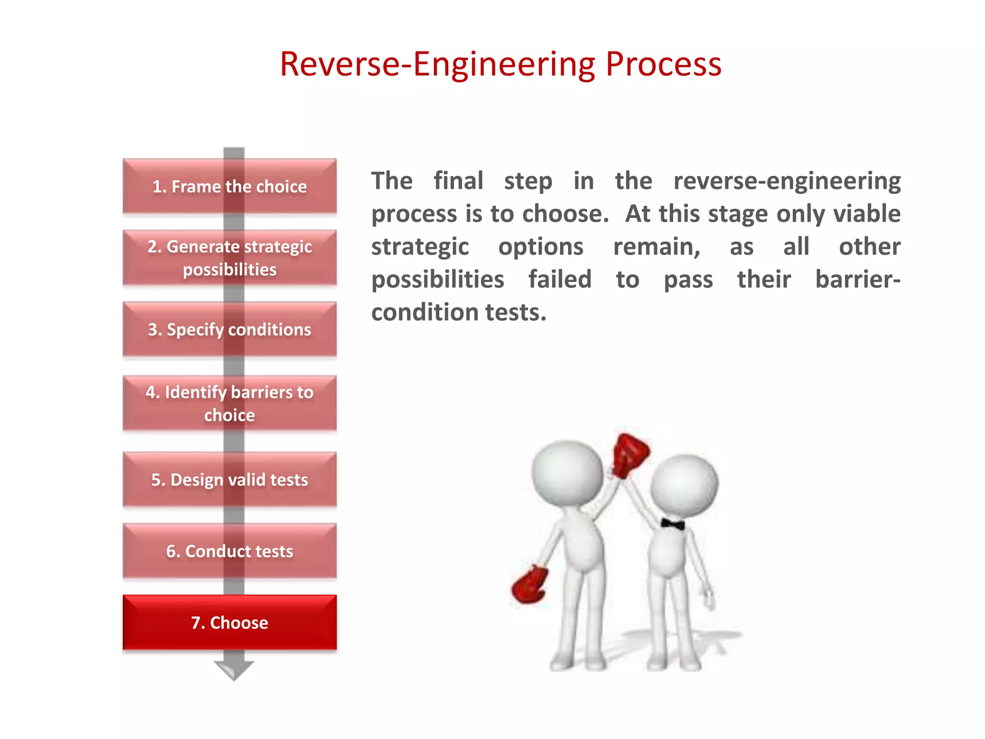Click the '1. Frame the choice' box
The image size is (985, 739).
229,186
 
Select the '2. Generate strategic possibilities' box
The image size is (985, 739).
229,257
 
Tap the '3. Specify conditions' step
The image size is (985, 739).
229,329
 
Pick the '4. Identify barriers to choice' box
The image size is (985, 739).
229,403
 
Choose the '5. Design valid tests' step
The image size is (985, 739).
229,479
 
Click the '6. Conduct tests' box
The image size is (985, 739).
229,551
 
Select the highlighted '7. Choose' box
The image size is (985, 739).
229,622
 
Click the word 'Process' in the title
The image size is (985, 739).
663,64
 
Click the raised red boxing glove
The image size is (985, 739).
630,454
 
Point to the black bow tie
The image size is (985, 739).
672,524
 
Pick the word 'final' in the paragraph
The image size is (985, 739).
458,181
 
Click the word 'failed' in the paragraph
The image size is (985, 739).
560,280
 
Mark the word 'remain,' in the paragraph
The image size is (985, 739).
657,247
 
